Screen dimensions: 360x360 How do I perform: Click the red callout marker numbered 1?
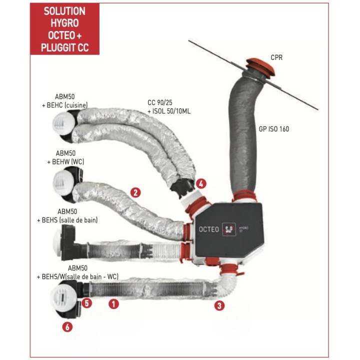pos(113,302)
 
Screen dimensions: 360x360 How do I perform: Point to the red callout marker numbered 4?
pos(201,183)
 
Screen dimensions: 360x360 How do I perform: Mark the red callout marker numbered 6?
pos(67,327)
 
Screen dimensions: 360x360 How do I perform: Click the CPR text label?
pos(276,57)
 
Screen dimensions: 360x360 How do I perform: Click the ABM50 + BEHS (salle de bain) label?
pos(67,215)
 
